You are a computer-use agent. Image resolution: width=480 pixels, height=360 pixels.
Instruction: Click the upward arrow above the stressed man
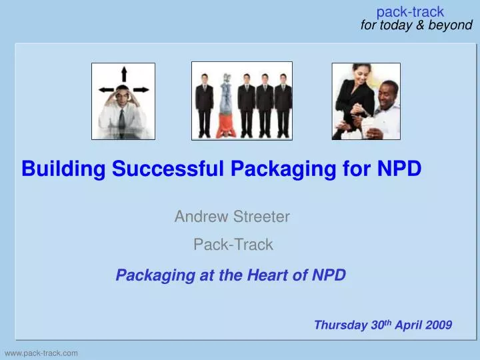click(123, 74)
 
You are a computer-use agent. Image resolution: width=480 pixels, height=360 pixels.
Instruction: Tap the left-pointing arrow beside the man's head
click(103, 91)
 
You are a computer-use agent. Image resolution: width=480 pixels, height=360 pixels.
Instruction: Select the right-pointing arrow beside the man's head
click(142, 91)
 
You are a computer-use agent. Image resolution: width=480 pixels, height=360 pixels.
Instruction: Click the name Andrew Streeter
click(232, 216)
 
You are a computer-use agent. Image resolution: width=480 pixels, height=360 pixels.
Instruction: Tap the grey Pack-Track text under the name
click(233, 245)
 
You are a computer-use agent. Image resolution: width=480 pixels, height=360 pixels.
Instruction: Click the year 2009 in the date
click(437, 325)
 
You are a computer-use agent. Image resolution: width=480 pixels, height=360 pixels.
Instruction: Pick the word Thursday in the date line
click(340, 325)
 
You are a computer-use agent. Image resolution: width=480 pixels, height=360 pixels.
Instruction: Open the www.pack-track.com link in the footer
click(41, 352)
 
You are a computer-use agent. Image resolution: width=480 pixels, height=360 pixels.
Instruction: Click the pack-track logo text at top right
click(410, 11)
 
